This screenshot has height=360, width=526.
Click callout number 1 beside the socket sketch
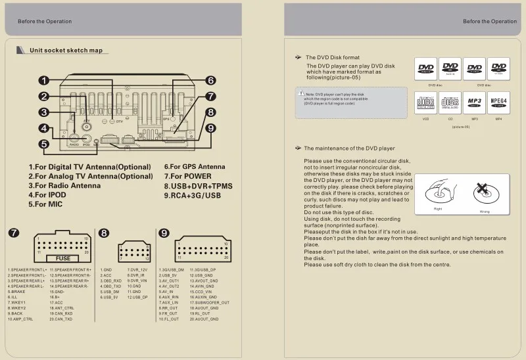pyautogui.click(x=43, y=80)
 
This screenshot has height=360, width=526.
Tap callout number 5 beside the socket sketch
pyautogui.click(x=43, y=144)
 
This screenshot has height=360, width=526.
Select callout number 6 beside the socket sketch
pyautogui.click(x=210, y=80)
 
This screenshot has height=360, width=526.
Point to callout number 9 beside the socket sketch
pyautogui.click(x=210, y=128)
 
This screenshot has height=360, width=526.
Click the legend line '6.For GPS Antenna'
pyautogui.click(x=194, y=167)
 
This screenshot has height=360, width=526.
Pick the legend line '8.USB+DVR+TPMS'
pyautogui.click(x=198, y=186)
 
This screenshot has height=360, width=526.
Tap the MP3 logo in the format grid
pyautogui.click(x=474, y=102)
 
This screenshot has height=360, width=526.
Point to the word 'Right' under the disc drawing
pyautogui.click(x=438, y=209)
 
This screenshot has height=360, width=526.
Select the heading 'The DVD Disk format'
pyautogui.click(x=333, y=58)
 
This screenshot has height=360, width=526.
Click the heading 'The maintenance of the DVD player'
pyautogui.click(x=349, y=148)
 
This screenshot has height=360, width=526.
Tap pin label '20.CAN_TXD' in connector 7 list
pyautogui.click(x=61, y=319)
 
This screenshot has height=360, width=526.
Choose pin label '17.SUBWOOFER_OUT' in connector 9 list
pyautogui.click(x=210, y=303)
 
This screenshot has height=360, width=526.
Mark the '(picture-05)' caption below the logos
pyautogui.click(x=460, y=126)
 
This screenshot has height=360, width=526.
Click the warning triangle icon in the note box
pyautogui.click(x=300, y=95)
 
